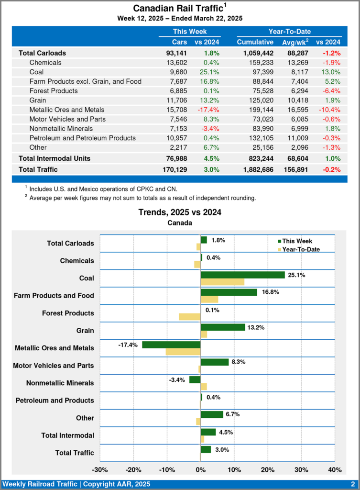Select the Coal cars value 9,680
(x=177, y=72)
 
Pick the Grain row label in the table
(x=38, y=100)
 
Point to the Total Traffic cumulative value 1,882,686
(x=258, y=169)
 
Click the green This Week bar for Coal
(x=242, y=275)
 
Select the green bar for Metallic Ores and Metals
(x=171, y=345)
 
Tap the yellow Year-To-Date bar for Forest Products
(x=189, y=316)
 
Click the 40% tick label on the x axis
(x=335, y=469)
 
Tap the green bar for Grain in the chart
(x=222, y=327)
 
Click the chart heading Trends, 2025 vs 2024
(x=180, y=212)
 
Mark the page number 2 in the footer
(x=352, y=484)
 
